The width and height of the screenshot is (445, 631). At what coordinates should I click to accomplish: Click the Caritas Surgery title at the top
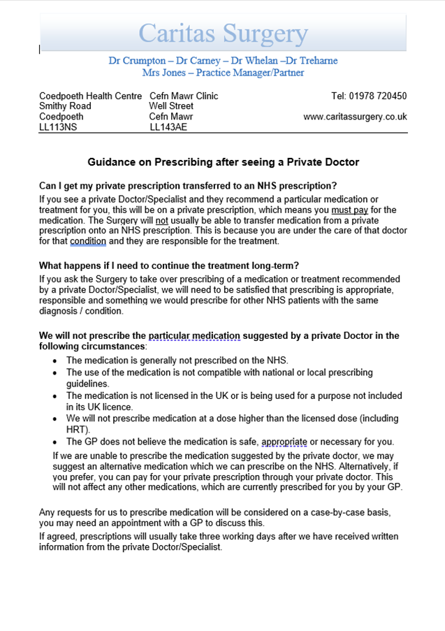223,34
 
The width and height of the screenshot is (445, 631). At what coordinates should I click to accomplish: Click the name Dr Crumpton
134,61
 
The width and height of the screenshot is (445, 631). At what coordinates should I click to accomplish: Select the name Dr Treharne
312,61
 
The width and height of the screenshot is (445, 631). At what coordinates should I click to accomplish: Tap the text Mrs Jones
161,73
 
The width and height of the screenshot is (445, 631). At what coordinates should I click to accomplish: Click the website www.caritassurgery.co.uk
355,117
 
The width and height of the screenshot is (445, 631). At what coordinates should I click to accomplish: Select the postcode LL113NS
58,127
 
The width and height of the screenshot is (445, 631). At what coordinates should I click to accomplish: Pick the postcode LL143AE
168,127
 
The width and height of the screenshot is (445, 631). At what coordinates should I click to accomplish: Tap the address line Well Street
171,106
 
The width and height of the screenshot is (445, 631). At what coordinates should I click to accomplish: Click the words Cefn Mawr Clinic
184,96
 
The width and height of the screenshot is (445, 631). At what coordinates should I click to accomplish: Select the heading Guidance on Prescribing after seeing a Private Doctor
223,162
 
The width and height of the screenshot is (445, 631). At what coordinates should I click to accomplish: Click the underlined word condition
88,241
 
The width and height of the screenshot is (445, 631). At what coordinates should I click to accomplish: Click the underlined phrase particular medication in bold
194,336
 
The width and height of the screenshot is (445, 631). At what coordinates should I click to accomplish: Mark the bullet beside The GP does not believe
57,442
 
